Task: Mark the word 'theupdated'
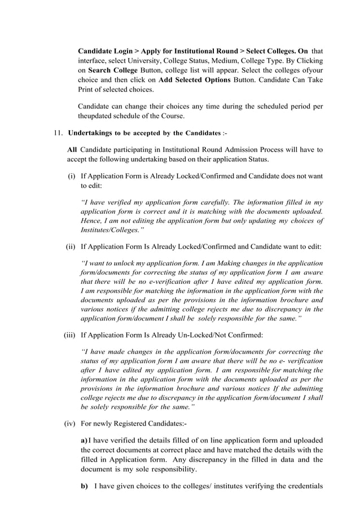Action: (x=94, y=116)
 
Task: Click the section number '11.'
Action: (x=58, y=133)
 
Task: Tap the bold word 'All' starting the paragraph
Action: (x=72, y=150)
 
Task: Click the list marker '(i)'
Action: (x=72, y=176)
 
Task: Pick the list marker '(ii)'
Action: (x=71, y=247)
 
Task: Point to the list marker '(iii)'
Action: (x=69, y=335)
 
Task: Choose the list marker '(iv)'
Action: (x=70, y=423)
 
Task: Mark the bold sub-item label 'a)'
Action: (x=84, y=440)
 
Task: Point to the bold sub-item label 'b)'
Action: (x=84, y=486)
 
